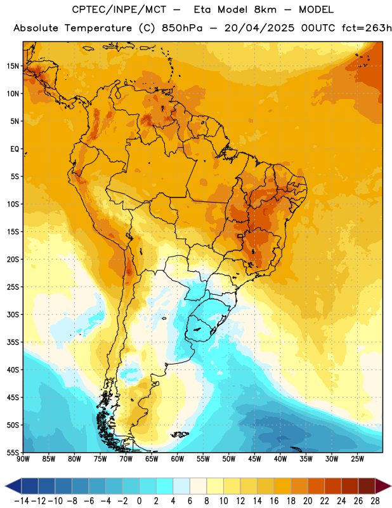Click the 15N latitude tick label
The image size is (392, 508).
13,66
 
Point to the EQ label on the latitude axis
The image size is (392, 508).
15,149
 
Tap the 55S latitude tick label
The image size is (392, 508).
13,452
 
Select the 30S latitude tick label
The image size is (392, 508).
13,314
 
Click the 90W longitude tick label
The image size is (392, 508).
23,459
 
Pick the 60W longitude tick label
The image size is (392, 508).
178,459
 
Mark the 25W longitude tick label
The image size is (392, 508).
357,459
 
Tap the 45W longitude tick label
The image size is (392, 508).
254,459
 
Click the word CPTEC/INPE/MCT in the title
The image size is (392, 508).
119,10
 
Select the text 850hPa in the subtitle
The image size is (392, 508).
182,28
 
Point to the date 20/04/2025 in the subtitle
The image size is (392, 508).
259,28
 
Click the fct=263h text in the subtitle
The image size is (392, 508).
367,28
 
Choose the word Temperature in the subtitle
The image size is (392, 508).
98,28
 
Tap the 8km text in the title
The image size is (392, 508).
265,10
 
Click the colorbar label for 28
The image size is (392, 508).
374,501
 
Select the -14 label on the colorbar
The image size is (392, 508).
22,501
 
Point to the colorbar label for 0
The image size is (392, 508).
139,501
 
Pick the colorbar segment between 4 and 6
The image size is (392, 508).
181,486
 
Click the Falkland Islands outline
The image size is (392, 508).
180,434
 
